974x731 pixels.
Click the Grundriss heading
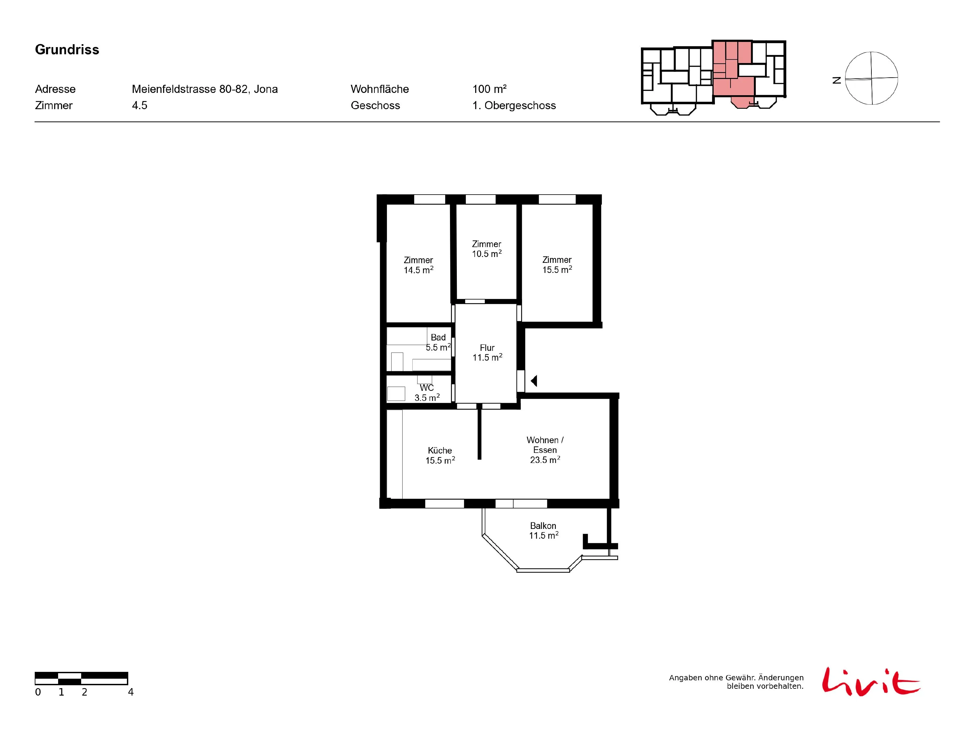(x=67, y=50)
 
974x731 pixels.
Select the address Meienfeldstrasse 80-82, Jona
(x=205, y=89)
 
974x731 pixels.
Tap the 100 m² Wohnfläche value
(x=489, y=89)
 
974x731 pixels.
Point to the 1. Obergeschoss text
(x=514, y=105)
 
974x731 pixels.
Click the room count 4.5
(x=140, y=105)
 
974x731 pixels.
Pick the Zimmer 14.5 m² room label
(x=418, y=265)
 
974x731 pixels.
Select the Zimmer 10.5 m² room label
(x=487, y=249)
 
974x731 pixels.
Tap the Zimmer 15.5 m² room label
(x=557, y=265)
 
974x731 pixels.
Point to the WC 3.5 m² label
(x=427, y=392)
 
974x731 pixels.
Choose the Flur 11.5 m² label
(x=487, y=353)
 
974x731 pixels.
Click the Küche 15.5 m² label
(x=440, y=455)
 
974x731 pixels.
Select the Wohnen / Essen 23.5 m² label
(x=545, y=449)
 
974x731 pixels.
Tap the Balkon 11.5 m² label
(x=543, y=531)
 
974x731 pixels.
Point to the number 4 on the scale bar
(x=131, y=692)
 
